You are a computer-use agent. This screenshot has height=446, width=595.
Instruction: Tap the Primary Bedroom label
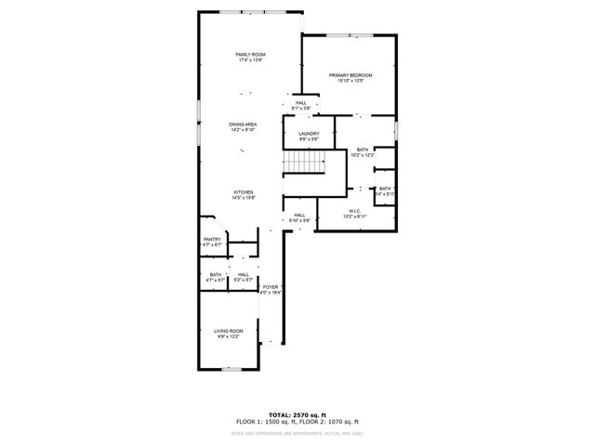tap(350, 74)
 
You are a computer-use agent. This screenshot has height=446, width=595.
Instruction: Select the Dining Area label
tap(244, 124)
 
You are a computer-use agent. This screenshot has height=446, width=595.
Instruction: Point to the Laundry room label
tap(309, 134)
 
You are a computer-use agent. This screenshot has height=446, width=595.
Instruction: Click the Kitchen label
tap(244, 192)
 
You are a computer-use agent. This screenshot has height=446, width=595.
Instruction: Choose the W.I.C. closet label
tap(354, 211)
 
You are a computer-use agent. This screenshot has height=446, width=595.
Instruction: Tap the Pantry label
tap(213, 240)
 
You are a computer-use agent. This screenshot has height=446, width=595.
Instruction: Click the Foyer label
tap(271, 287)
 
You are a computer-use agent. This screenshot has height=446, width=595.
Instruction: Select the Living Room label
tap(229, 331)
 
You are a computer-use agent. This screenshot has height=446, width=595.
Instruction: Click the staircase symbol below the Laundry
tap(303, 164)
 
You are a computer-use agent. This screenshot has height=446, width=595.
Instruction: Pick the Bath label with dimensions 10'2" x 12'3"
tap(362, 150)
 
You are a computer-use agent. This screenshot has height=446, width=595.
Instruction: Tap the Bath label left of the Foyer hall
tap(216, 274)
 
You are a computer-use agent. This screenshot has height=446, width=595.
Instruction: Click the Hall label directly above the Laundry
tap(301, 103)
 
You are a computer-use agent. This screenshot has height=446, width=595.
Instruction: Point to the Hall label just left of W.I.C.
tap(299, 216)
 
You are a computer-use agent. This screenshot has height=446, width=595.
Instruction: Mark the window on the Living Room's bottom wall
tap(230, 369)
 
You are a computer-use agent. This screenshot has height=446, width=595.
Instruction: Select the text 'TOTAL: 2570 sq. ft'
tap(297, 414)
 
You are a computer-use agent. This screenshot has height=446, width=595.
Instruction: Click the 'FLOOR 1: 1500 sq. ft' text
tap(266, 422)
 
